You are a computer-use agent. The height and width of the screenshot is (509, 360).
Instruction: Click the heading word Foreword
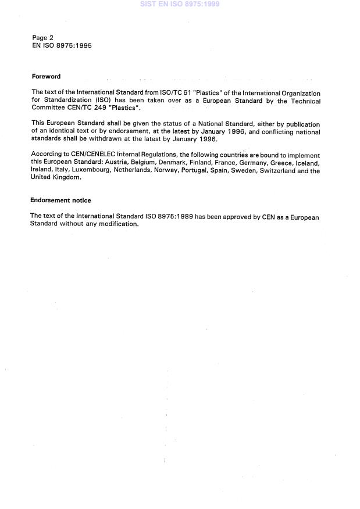point(46,77)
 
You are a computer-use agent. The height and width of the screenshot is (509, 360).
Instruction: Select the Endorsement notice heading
point(60,200)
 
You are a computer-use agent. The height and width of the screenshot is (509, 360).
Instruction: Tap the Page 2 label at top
point(42,38)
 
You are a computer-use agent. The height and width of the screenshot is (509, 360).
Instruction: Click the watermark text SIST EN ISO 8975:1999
point(180,4)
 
